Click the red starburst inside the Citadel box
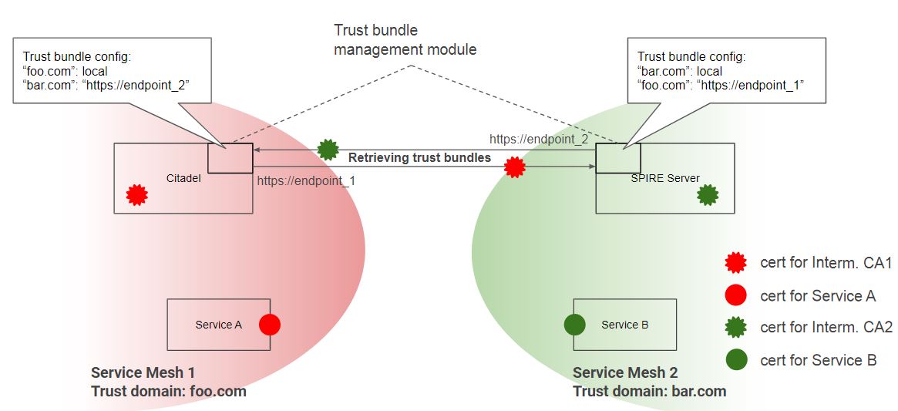(x=136, y=194)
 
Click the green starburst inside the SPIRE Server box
(x=707, y=194)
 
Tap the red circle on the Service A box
(x=269, y=325)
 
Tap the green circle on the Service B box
(x=575, y=325)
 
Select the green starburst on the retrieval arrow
(x=328, y=149)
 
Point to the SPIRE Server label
(x=664, y=178)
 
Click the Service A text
(x=219, y=325)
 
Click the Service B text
(x=624, y=325)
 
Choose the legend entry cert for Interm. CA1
(x=826, y=264)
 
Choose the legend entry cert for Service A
(x=818, y=295)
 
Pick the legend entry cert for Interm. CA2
(x=826, y=328)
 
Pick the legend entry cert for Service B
(x=818, y=360)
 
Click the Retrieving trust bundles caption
(x=419, y=158)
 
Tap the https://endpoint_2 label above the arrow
(x=539, y=139)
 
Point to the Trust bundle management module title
(x=405, y=40)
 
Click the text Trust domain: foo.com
(x=168, y=391)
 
